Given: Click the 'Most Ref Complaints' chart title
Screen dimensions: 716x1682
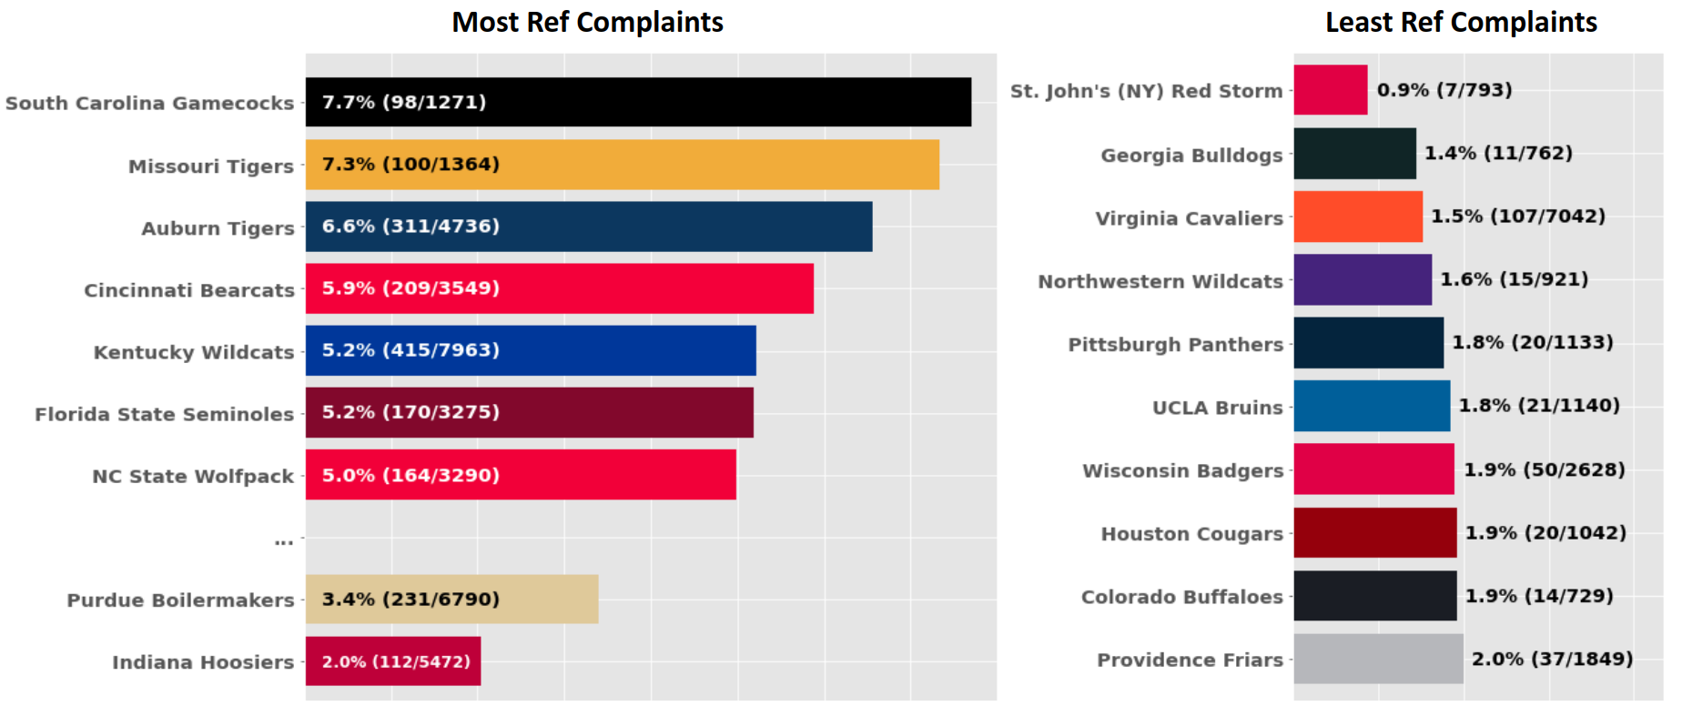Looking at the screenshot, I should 587,22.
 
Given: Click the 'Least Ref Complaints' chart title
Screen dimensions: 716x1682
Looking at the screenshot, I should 1460,22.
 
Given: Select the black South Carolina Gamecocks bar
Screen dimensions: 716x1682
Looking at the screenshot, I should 728,102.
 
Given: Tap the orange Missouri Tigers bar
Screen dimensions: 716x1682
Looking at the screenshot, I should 710,165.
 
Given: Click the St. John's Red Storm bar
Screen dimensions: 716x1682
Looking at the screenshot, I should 1330,90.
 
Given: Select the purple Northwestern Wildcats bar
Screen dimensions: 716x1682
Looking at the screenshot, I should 1362,279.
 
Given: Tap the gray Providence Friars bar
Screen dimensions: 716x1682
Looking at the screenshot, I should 1378,659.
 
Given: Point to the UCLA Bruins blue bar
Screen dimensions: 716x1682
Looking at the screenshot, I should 1371,406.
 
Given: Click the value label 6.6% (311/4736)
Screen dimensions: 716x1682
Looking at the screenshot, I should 410,226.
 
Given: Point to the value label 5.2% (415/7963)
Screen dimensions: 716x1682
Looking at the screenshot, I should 410,349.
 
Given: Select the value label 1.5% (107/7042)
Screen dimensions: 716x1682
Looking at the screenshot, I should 1517,216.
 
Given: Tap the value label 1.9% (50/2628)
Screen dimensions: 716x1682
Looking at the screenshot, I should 1544,469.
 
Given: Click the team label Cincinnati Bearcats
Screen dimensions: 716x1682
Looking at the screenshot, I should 189,290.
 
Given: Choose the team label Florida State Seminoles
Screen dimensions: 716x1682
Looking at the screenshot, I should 164,414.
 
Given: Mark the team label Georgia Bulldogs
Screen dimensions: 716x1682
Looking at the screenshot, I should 1191,155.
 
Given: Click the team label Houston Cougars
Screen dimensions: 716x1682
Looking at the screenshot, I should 1191,533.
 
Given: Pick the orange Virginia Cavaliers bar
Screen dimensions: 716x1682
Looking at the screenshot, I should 1357,217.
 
